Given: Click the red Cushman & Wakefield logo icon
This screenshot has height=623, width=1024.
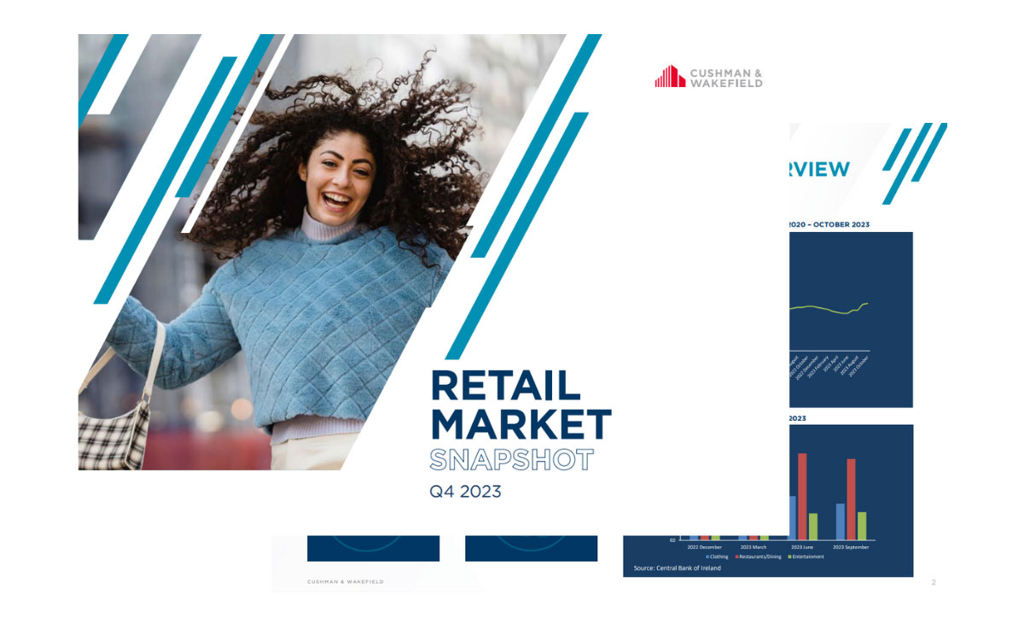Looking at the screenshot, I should pos(670,77).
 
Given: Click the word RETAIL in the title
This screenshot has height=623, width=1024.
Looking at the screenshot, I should pos(506,387).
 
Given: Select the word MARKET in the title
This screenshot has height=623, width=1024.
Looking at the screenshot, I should pos(521,424).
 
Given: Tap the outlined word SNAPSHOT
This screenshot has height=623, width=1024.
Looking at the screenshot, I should pos(511,460).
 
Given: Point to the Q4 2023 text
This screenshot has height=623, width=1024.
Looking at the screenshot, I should pos(465,492).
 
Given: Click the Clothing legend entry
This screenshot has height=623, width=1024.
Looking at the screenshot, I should pos(718,557).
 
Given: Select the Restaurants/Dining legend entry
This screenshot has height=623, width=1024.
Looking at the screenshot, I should pos(759,557).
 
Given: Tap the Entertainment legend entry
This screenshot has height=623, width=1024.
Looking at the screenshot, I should pos(806,557).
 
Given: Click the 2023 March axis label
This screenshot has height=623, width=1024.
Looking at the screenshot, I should pos(753,547).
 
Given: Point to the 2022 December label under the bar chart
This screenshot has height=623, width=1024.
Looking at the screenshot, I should pos(705,547).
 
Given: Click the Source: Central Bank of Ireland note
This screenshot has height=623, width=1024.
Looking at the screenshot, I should pos(677,568).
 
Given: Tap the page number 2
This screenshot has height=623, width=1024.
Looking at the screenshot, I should pos(934,583).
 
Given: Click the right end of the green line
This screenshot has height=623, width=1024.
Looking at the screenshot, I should pos(868,303).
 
